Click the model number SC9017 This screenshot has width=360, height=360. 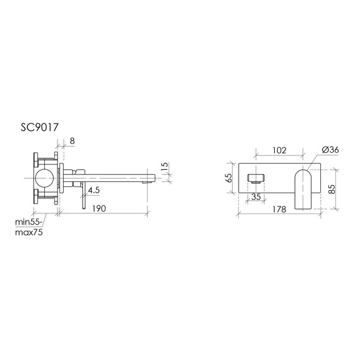pos(40,128)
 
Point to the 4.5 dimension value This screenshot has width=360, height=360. pos(94,189)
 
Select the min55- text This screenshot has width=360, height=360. pos(28,222)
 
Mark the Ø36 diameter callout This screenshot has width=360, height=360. pos(330,150)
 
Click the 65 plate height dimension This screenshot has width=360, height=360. pos(230,179)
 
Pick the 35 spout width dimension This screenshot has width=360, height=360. pos(256,196)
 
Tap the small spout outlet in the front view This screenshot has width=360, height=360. pos(256,176)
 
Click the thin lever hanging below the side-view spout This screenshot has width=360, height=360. pos(81,195)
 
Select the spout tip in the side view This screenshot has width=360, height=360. pos(151,177)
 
